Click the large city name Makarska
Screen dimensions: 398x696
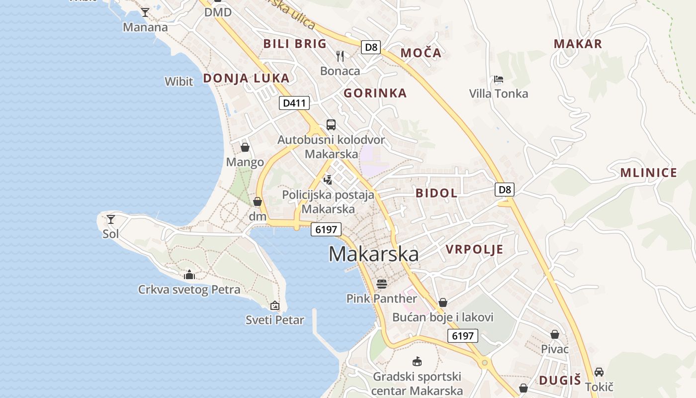(373, 254)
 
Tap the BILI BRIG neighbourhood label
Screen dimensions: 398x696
(295, 43)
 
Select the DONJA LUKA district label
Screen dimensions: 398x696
(246, 78)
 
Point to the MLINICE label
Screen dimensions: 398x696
(649, 173)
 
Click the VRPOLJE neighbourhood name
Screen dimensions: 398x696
(474, 249)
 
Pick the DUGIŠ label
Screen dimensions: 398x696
(560, 381)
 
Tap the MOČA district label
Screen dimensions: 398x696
(421, 53)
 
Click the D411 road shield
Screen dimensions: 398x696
(294, 103)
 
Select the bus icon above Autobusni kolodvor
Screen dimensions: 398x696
(331, 125)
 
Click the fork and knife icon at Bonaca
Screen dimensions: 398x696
(340, 56)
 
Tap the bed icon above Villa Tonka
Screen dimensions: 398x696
(498, 79)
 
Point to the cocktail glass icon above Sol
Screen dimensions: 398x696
(111, 219)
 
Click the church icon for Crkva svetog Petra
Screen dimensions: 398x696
(189, 274)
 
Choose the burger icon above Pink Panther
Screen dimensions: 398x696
(382, 284)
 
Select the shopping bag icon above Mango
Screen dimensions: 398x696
(245, 147)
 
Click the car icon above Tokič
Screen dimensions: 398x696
(599, 372)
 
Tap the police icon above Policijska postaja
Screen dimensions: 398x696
(328, 180)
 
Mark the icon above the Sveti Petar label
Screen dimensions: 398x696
(274, 305)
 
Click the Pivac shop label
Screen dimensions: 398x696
(555, 349)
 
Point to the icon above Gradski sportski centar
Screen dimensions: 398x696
(417, 362)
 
